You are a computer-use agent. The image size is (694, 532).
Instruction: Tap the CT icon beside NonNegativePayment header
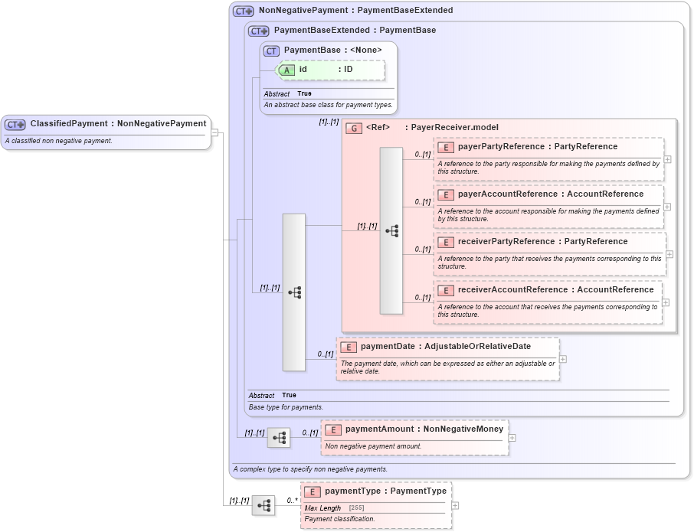pos(244,11)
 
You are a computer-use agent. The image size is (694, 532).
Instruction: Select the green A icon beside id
pos(286,70)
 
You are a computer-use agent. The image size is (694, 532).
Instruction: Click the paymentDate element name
pos(387,347)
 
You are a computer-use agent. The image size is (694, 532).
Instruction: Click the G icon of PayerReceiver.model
pos(354,128)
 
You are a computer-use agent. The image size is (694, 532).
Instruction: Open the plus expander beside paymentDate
pos(563,358)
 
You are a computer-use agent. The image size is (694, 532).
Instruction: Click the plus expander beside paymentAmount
pos(512,438)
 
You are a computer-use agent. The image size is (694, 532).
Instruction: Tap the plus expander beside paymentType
pos(455,505)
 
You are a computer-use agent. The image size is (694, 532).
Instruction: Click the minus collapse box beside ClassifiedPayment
pos(214,132)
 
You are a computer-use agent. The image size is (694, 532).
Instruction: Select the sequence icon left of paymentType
pos(264,505)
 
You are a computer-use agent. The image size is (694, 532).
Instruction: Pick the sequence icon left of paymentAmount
pos(279,438)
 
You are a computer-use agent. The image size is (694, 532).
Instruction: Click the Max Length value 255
pos(356,508)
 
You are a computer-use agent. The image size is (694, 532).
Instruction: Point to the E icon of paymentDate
pos(348,348)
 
